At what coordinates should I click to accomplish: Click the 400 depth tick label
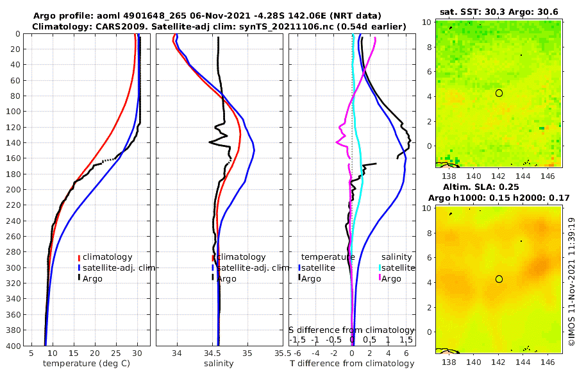coord(13,346)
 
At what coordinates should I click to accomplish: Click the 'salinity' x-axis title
coord(218,364)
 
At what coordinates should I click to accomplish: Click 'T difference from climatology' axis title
coord(352,364)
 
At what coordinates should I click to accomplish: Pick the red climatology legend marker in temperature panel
coord(80,257)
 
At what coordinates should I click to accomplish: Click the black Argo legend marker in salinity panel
coord(213,278)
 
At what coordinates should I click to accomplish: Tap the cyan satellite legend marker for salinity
coord(380,267)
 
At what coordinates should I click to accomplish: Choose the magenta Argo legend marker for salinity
coord(380,278)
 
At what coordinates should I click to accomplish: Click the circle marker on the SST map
coord(499,93)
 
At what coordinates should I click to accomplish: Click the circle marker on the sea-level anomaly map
coord(499,279)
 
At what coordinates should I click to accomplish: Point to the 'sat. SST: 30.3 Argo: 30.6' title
coord(498,12)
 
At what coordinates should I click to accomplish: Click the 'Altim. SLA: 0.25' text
coord(498,186)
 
